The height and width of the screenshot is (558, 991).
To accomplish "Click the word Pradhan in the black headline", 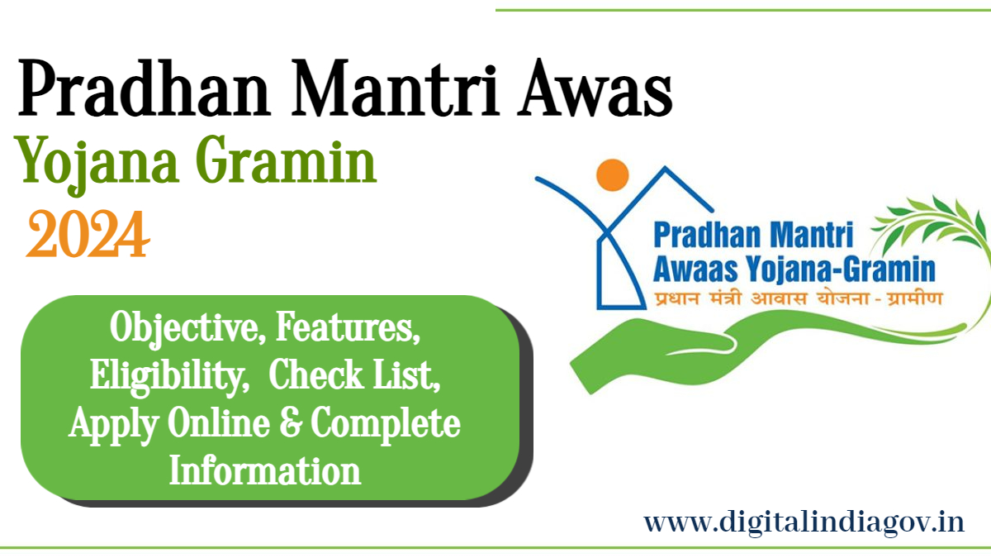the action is [x=144, y=88].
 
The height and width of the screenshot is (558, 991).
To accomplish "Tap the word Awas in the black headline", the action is [x=595, y=88].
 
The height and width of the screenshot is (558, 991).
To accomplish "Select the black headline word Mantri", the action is [x=395, y=88].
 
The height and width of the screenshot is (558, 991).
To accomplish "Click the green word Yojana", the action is [x=97, y=165].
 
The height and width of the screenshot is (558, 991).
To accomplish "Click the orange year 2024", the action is [x=88, y=234].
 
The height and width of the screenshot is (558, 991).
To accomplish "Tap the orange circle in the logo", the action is [x=612, y=175].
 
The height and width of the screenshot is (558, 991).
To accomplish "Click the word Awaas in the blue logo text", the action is [x=695, y=269].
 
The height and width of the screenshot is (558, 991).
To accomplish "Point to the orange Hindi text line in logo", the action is [x=798, y=298].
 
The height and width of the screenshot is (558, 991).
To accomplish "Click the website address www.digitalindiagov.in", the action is [x=804, y=522].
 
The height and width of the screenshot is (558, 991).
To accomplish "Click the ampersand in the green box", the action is [x=291, y=422].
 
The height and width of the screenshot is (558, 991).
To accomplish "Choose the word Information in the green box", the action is [x=265, y=470].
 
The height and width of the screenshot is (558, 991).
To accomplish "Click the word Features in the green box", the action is [x=348, y=327].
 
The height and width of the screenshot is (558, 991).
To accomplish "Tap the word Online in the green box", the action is [x=219, y=422].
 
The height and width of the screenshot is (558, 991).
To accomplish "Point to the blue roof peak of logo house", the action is [x=665, y=168].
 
